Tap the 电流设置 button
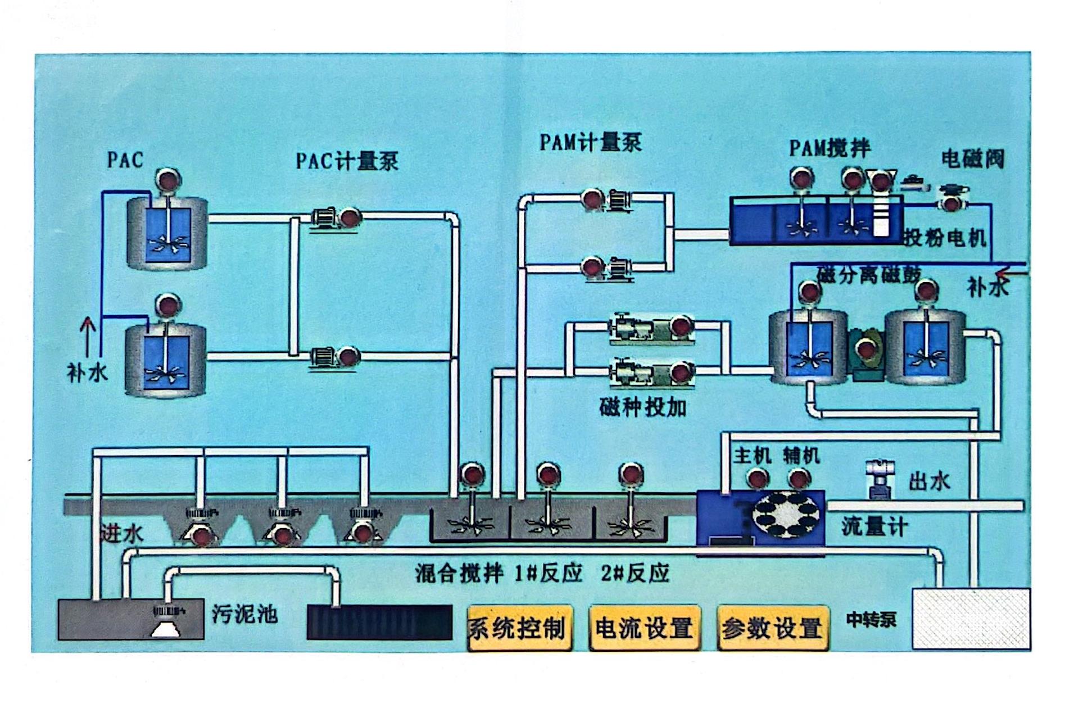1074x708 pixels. (x=644, y=628)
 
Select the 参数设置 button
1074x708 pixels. (x=772, y=628)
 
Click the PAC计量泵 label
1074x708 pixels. (x=347, y=162)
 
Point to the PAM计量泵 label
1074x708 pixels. (x=590, y=142)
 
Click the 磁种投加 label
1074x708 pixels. (x=643, y=407)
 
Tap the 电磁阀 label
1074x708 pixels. (x=972, y=159)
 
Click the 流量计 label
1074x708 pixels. (x=874, y=527)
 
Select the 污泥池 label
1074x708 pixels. (x=245, y=614)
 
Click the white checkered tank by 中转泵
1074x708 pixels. (x=971, y=618)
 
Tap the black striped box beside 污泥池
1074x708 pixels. (x=379, y=622)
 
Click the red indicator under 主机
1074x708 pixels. (x=756, y=479)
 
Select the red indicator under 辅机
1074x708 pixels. (x=799, y=479)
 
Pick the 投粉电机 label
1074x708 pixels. (x=945, y=238)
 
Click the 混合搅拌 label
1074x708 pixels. (x=459, y=574)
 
